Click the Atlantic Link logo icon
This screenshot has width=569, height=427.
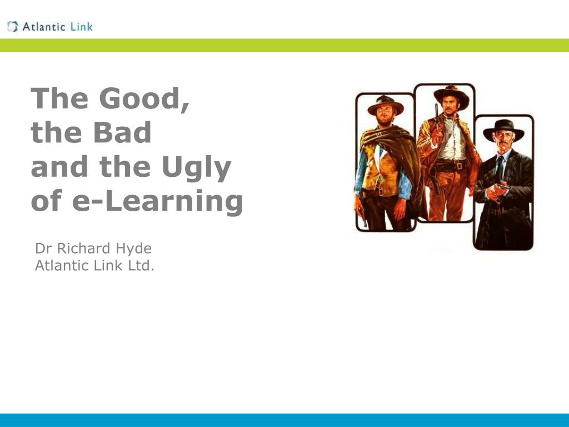(12, 27)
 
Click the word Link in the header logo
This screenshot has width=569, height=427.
(82, 27)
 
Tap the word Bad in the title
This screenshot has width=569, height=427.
(122, 132)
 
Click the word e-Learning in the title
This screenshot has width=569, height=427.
(157, 201)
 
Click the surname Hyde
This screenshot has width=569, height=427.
(133, 249)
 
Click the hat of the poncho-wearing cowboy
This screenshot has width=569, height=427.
(386, 105)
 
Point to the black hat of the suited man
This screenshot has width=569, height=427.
(503, 130)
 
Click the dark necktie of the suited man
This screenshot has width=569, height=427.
(500, 168)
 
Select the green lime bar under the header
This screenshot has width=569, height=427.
(284, 46)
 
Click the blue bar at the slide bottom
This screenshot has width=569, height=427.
(284, 420)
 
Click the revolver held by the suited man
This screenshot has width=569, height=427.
(502, 187)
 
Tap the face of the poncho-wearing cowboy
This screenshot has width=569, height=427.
(385, 116)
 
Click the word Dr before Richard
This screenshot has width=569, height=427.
(43, 249)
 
